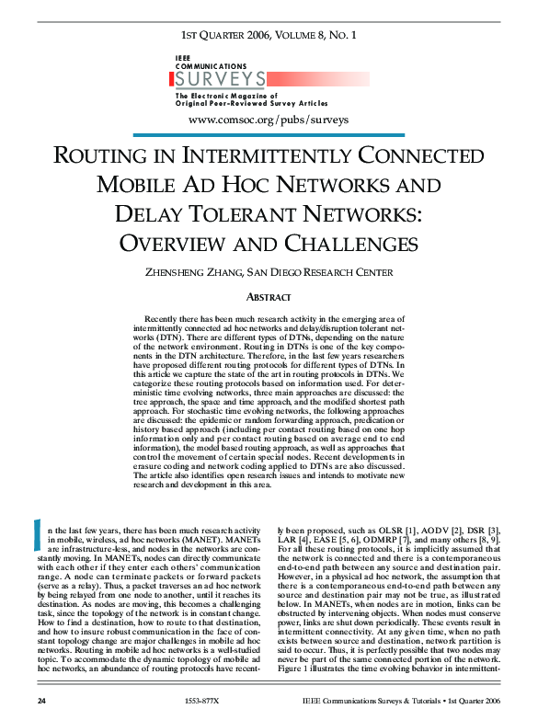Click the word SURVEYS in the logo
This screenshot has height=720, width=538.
click(220, 79)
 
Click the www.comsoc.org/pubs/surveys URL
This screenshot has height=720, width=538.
click(268, 120)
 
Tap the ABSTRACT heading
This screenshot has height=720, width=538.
click(269, 297)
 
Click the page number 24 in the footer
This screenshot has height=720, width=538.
click(41, 701)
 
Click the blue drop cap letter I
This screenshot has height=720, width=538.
click(37, 535)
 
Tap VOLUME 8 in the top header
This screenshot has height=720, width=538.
click(297, 36)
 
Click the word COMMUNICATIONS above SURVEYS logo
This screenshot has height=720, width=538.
click(211, 67)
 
